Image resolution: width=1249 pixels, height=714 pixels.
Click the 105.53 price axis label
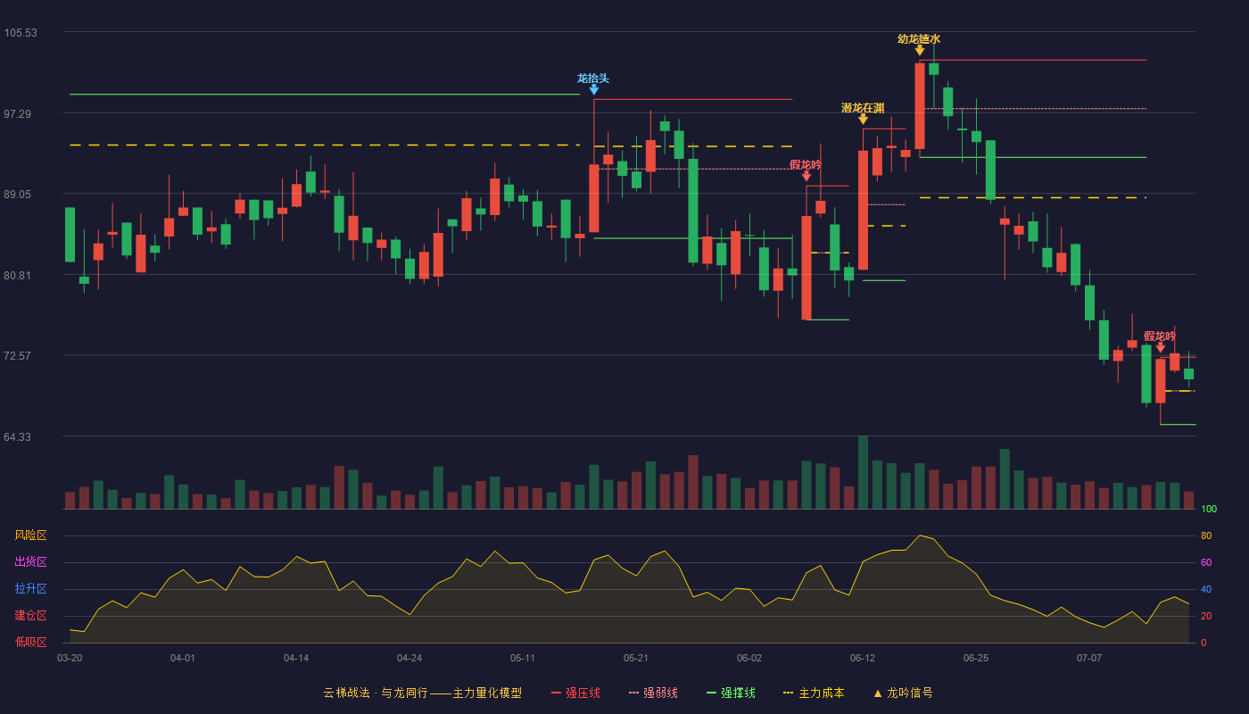click(21, 33)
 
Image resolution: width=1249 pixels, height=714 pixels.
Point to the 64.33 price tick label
click(17, 436)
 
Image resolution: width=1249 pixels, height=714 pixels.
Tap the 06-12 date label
click(863, 659)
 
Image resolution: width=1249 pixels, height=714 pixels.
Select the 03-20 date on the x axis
click(70, 659)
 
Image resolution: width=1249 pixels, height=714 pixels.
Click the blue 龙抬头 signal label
click(593, 79)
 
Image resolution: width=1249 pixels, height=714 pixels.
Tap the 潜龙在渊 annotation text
click(863, 108)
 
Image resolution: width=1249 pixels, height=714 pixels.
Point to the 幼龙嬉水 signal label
click(919, 39)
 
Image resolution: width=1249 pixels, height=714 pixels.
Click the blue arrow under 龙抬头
click(594, 90)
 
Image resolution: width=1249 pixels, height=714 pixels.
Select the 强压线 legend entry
click(575, 693)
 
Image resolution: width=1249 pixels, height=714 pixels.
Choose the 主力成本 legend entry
click(814, 693)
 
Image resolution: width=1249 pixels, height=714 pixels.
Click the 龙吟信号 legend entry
click(903, 693)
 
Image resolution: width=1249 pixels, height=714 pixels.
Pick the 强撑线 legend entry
click(731, 693)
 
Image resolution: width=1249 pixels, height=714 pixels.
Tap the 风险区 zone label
click(30, 535)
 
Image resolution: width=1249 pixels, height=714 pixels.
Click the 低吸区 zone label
click(30, 642)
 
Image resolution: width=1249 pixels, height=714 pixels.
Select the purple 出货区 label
click(30, 561)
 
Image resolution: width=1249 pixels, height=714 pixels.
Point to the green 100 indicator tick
click(1209, 509)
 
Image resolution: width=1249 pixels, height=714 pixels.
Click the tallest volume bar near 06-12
click(863, 472)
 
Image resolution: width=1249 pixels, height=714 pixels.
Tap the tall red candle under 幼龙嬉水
click(920, 106)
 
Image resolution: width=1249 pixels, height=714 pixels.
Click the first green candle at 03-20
click(70, 235)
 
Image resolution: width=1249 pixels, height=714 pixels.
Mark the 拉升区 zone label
click(30, 588)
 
